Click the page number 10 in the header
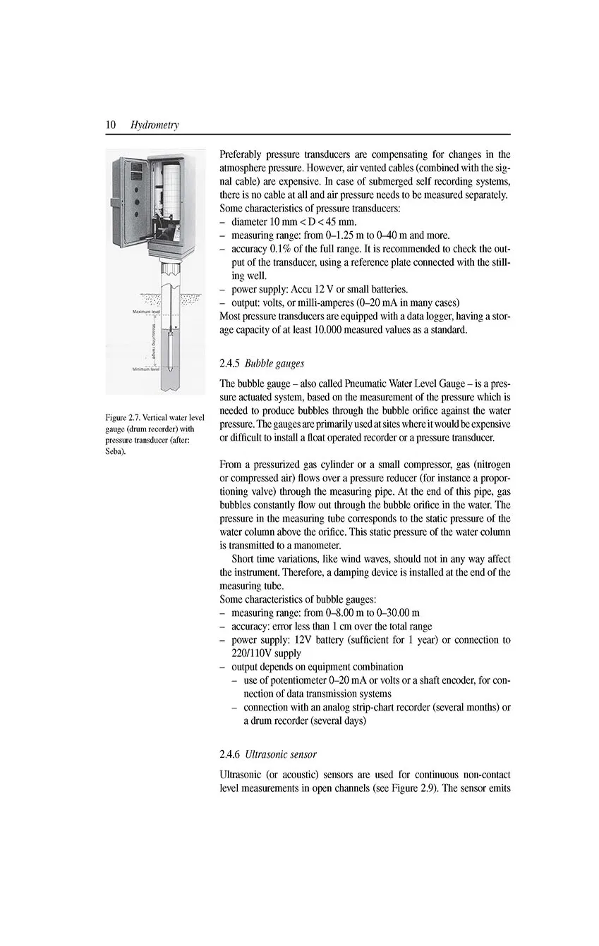click(111, 125)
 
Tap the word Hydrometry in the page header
click(155, 125)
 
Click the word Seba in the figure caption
click(114, 451)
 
